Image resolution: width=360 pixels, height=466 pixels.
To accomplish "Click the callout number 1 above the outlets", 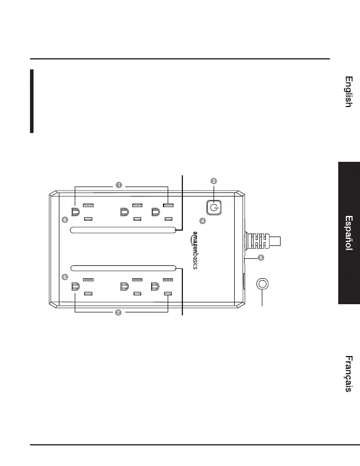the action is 119,185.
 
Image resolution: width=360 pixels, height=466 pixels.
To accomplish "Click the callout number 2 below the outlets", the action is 118,312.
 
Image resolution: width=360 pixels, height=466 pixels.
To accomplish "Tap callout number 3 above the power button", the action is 214,181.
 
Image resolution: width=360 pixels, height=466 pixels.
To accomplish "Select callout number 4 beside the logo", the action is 202,221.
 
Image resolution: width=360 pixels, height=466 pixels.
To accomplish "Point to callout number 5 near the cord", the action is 261,257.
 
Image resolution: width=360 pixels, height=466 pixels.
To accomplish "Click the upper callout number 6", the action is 64,219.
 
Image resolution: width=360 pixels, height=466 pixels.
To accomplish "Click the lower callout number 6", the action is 64,277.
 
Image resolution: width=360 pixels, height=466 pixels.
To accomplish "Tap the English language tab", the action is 349,92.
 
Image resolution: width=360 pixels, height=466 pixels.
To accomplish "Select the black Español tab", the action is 349,233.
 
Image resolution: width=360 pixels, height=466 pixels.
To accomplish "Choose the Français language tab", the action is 349,374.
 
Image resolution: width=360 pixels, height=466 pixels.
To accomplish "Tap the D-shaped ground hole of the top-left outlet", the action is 75,212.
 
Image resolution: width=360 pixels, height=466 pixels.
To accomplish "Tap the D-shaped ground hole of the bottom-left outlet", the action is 75,287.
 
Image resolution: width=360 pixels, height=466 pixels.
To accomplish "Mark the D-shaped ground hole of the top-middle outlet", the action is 124,212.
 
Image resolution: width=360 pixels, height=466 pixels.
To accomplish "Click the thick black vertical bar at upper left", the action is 32,101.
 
